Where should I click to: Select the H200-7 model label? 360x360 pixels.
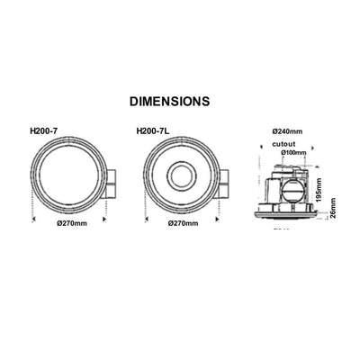pos(44,131)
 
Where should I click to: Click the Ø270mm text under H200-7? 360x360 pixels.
pos(69,221)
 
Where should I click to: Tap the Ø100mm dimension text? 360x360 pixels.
pos(293,153)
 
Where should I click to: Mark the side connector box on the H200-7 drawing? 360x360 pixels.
pos(110,184)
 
